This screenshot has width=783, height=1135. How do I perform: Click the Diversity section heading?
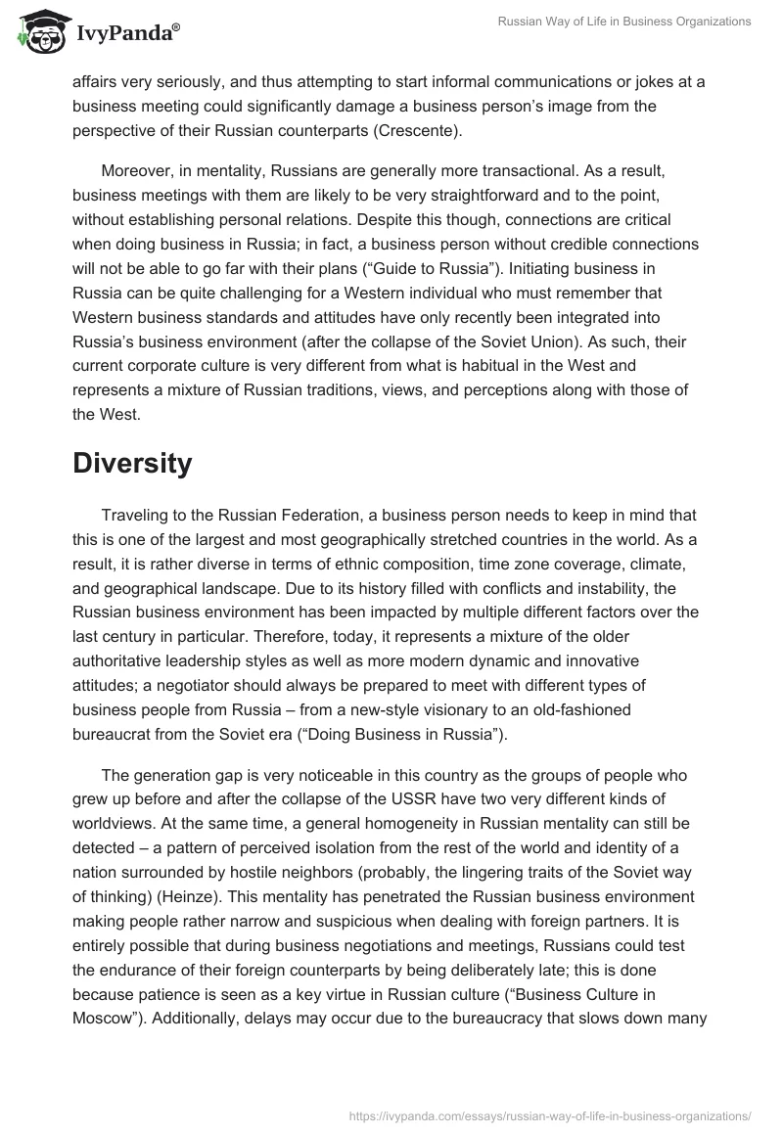pos(131,464)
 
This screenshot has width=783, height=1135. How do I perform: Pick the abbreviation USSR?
pos(398,798)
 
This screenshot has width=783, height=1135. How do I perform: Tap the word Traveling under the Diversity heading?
pos(137,515)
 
